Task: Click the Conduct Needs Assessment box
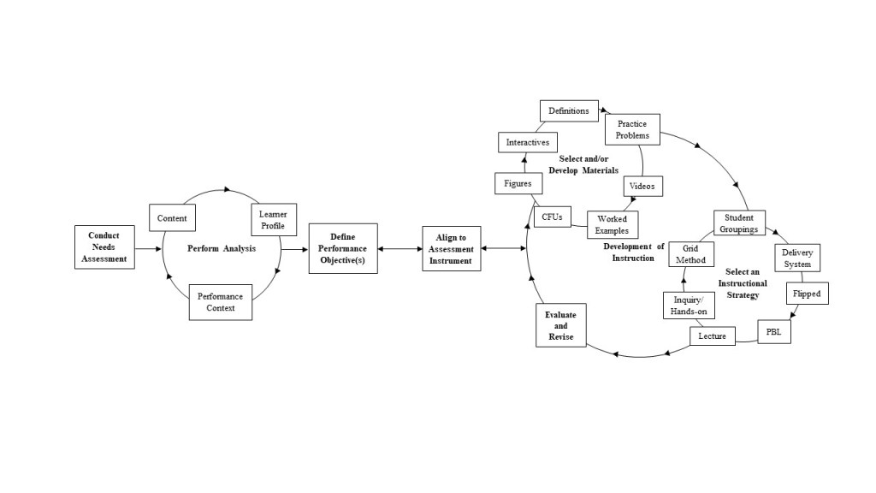104,247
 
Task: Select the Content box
172,218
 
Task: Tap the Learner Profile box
273,221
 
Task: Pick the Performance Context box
221,302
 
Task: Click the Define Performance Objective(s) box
343,248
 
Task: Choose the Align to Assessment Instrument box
451,249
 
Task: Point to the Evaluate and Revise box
561,326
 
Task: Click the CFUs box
552,217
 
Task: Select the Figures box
518,183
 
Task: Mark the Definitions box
569,110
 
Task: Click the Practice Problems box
633,130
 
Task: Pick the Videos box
642,186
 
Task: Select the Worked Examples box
613,224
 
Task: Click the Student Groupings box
739,223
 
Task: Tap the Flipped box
806,294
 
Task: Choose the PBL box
774,331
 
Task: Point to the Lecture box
712,336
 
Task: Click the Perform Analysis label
222,249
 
